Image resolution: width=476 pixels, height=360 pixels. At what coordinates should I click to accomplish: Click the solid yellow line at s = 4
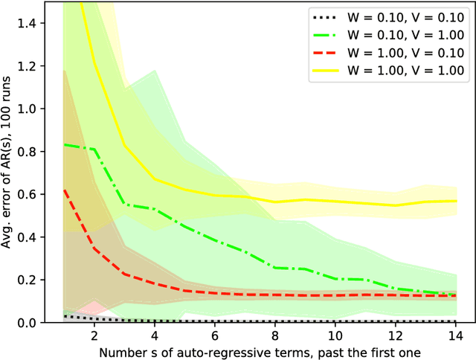pyautogui.click(x=154, y=179)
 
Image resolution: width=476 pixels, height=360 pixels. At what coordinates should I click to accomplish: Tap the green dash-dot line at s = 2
pyautogui.click(x=94, y=150)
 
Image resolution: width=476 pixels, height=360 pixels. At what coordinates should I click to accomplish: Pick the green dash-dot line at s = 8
pyautogui.click(x=274, y=267)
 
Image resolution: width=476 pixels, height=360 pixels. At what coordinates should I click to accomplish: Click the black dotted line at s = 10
pyautogui.click(x=335, y=321)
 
